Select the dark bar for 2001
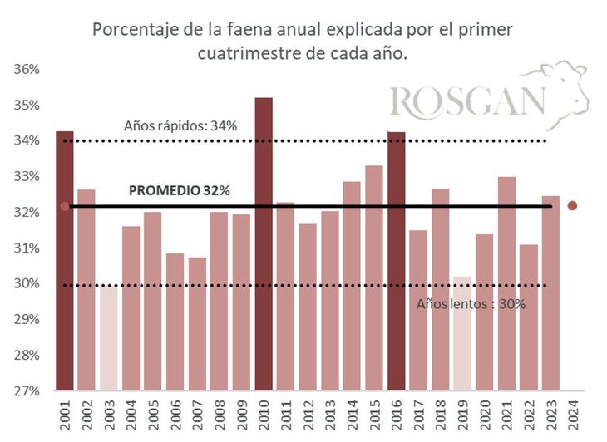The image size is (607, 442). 64,261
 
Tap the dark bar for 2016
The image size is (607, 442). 397,261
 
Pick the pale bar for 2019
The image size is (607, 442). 463,333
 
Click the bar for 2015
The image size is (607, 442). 374,277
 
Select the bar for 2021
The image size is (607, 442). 507,283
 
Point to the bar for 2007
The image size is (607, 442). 197,324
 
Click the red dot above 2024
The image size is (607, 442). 572,206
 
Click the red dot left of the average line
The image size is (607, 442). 64,206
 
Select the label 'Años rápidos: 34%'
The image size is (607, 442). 180,126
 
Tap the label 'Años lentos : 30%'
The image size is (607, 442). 471,303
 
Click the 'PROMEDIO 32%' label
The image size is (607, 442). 180,191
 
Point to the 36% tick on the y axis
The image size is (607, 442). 27,69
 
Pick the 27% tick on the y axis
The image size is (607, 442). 27,390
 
